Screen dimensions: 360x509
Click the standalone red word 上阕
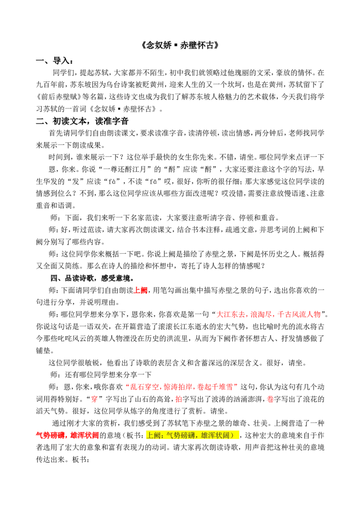(140, 290)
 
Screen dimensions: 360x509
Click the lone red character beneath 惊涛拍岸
(179, 399)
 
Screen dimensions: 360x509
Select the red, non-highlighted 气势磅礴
(50, 435)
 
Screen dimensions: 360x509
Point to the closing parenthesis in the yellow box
(232, 435)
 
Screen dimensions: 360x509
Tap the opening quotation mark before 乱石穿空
(128, 385)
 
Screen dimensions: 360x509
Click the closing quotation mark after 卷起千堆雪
(235, 385)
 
